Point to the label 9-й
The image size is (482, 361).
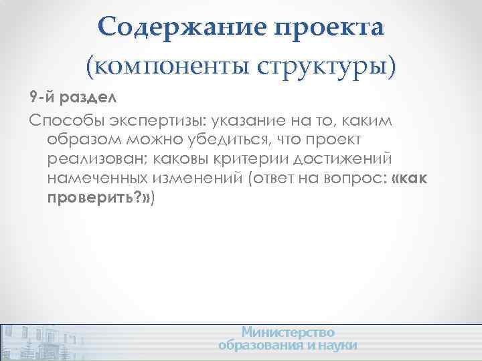pos(44,98)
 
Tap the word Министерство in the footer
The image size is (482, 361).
pos(288,332)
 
